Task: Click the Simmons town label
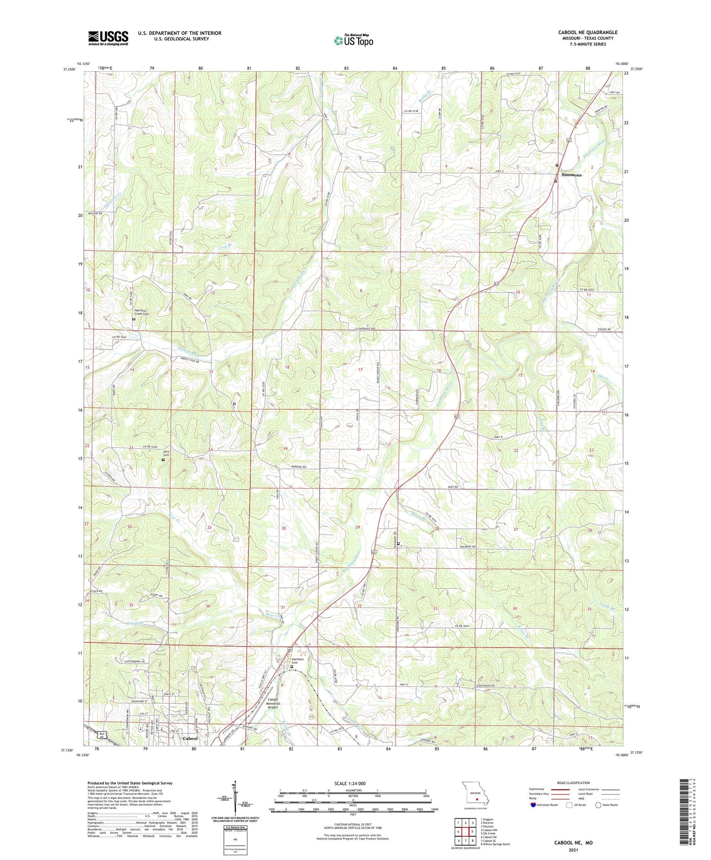pyautogui.click(x=571, y=175)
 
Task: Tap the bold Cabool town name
pyautogui.click(x=190, y=739)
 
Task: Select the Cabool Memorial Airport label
pyautogui.click(x=273, y=703)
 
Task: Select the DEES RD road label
pyautogui.click(x=453, y=487)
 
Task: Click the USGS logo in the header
pyautogui.click(x=108, y=38)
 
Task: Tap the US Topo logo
pyautogui.click(x=354, y=40)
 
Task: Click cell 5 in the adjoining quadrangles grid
pyautogui.click(x=472, y=832)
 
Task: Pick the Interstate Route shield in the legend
pyautogui.click(x=534, y=805)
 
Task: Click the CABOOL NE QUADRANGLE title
pyautogui.click(x=587, y=32)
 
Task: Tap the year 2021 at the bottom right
pyautogui.click(x=573, y=848)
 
